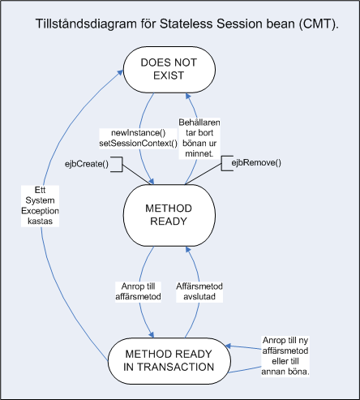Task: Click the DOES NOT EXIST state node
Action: [x=169, y=69]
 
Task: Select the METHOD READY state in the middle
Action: [x=169, y=215]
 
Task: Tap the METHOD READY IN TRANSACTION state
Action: [x=169, y=361]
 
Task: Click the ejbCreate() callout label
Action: [x=87, y=164]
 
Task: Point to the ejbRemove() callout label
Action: [x=256, y=163]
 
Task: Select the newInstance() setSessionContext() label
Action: [x=138, y=138]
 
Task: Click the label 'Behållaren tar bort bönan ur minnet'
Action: [x=199, y=138]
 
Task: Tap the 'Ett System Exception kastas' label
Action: [x=40, y=205]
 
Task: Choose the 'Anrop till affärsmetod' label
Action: [x=138, y=291]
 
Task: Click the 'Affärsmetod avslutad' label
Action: [x=199, y=291]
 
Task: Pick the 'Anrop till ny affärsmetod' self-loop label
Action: [x=285, y=356]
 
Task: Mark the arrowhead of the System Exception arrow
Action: [x=120, y=73]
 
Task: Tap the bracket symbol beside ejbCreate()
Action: [x=119, y=164]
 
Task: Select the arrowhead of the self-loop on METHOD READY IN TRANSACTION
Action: [x=228, y=346]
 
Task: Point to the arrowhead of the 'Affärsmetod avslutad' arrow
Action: [x=188, y=249]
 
